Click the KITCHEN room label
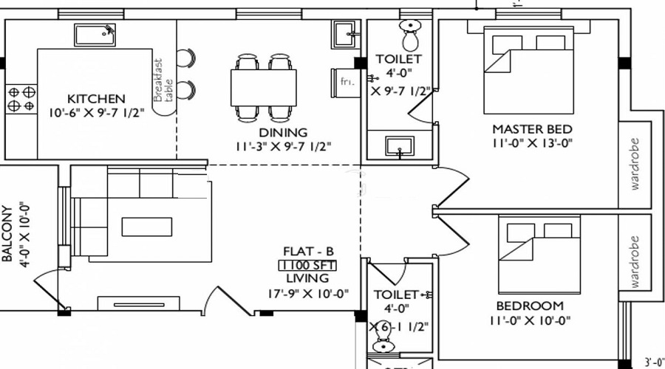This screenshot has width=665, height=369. click(x=96, y=98)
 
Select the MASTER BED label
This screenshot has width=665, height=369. click(x=532, y=129)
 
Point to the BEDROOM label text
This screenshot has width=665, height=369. click(x=529, y=306)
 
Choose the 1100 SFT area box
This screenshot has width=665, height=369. click(x=304, y=264)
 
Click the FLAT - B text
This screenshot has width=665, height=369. click(x=304, y=250)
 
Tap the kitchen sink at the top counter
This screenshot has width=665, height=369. click(x=95, y=35)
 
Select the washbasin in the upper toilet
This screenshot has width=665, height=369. click(x=400, y=145)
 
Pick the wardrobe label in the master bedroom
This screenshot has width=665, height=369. click(x=635, y=164)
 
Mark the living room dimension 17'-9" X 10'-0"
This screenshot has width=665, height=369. click(x=307, y=293)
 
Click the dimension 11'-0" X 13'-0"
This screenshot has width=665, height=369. click(x=532, y=144)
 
